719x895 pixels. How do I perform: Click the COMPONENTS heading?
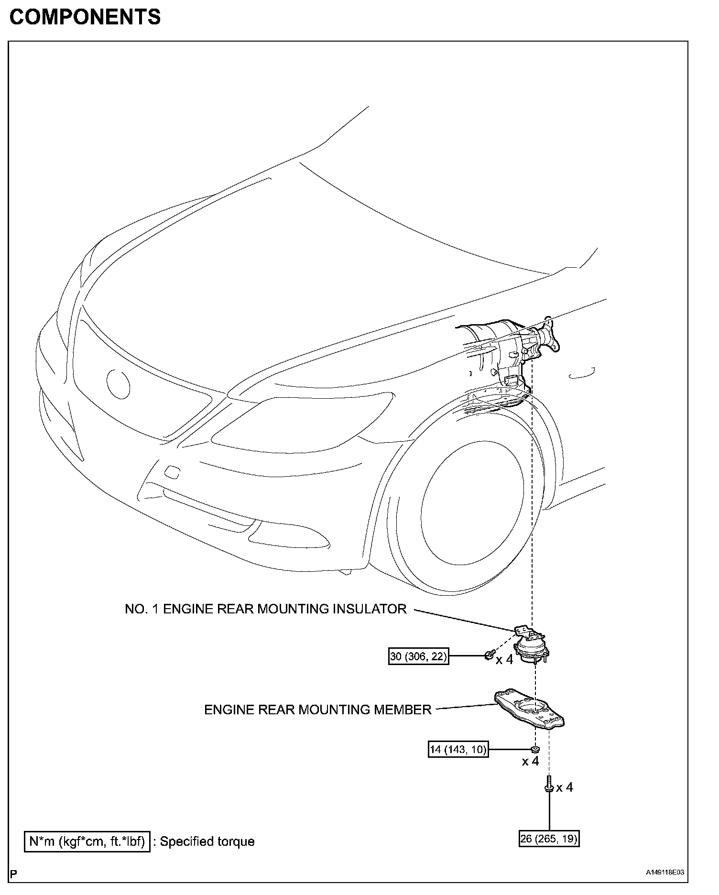(x=85, y=17)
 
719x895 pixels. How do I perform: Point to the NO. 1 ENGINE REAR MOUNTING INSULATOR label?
(x=266, y=609)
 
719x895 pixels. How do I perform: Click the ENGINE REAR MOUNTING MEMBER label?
(x=318, y=709)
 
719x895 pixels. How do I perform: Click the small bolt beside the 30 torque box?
(x=489, y=655)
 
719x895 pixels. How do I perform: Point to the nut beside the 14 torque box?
(x=535, y=749)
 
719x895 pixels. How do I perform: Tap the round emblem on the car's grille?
(x=118, y=383)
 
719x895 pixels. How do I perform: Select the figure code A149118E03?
(x=665, y=872)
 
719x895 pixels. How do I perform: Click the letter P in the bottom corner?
(x=14, y=874)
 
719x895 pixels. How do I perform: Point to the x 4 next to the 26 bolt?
(x=564, y=787)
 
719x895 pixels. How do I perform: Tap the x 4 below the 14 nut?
(x=530, y=761)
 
